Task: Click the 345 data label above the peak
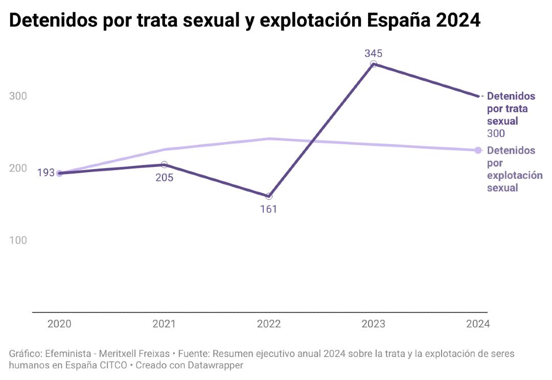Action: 373,53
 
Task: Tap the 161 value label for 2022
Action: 268,209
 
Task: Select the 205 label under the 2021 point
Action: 165,178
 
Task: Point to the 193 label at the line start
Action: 45,173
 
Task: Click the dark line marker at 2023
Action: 374,64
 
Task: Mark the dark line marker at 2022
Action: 269,196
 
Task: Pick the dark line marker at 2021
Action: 164,164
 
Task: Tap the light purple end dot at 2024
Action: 478,150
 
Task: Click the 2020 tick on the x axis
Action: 59,324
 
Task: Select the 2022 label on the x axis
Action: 269,324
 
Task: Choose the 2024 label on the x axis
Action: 478,324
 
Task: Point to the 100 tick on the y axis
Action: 18,240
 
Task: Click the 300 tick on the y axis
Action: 18,96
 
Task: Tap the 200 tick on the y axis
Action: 18,168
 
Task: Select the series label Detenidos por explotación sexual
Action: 514,169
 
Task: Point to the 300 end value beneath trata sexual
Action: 496,134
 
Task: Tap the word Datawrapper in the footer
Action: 215,365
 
